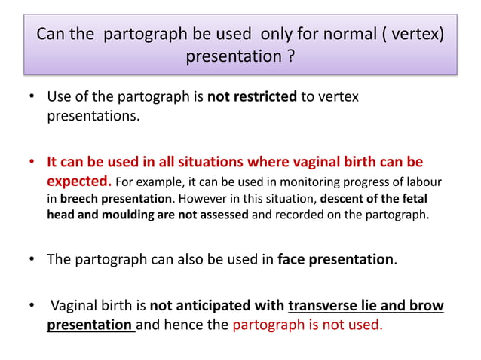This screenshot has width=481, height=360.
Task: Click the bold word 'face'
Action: tap(293, 260)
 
